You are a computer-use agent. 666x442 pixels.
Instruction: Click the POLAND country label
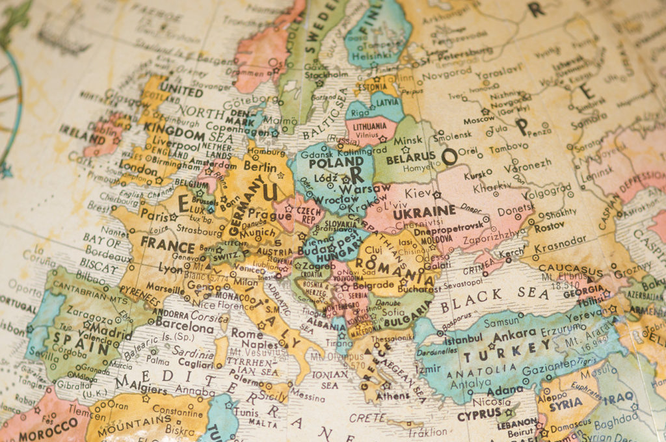336,162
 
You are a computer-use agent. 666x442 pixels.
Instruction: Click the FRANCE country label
167,246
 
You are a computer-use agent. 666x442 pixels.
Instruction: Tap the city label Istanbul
464,339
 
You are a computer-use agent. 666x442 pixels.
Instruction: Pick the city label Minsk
408,140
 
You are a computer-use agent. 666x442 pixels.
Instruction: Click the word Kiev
418,192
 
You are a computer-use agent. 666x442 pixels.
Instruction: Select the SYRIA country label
565,403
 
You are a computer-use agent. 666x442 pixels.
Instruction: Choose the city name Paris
155,214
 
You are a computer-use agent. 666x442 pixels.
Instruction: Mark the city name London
139,164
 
